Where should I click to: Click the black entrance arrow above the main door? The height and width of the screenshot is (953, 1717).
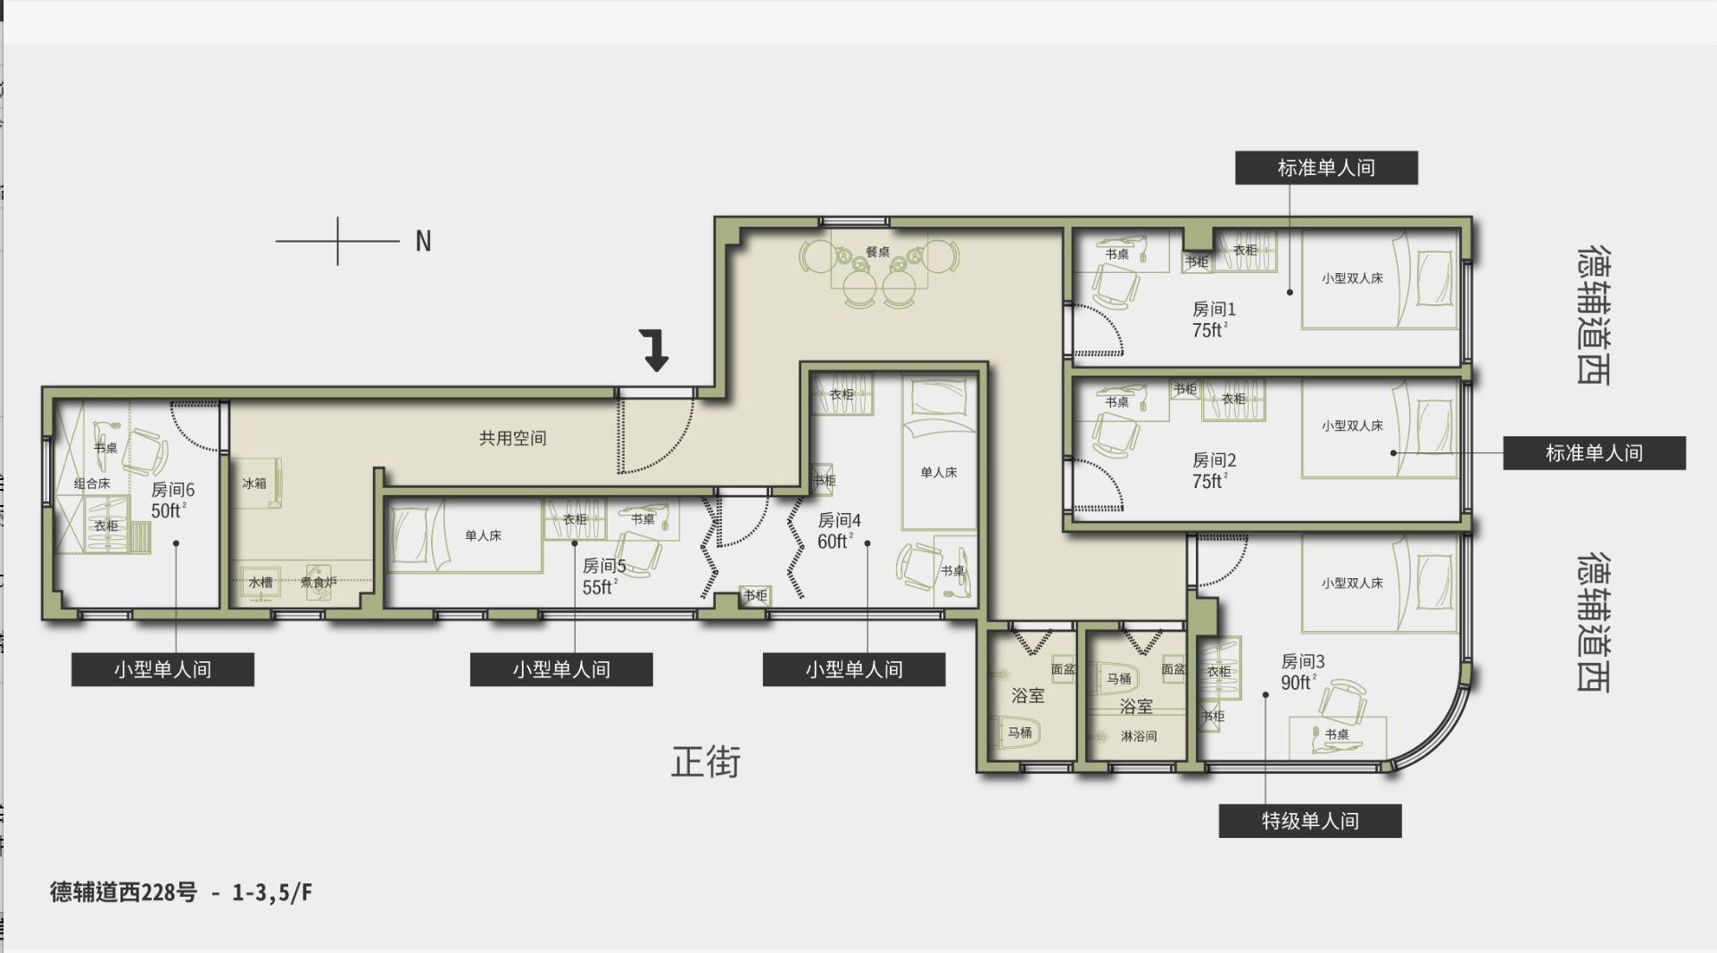(656, 350)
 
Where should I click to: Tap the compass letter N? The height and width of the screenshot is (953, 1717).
(423, 241)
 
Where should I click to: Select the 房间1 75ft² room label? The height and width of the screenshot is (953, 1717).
(1214, 319)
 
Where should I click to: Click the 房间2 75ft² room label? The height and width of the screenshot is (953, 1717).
(1214, 470)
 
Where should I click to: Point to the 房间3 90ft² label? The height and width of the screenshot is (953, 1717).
(1302, 672)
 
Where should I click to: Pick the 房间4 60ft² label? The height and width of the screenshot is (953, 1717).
(839, 531)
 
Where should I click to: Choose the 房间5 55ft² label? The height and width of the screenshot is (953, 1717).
(604, 576)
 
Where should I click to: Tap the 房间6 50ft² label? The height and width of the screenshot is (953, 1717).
(172, 500)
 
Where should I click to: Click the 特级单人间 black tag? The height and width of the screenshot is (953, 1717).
(1310, 821)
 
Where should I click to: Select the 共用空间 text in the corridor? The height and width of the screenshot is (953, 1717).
(512, 438)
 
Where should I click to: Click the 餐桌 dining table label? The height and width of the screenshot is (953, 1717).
(878, 253)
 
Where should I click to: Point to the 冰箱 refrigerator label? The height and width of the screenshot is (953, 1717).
(254, 484)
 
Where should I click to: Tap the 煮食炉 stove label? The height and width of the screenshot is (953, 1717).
(319, 583)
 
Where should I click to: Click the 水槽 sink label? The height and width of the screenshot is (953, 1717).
(261, 583)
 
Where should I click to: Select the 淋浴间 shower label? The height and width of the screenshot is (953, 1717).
(1139, 736)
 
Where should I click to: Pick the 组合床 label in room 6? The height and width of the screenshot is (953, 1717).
(92, 484)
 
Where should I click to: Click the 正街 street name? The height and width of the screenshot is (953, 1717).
(706, 762)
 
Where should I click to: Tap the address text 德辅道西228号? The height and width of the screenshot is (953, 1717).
(123, 892)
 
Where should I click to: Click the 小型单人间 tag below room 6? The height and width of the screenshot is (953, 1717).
(162, 669)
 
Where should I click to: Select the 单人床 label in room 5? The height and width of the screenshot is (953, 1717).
(483, 535)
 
